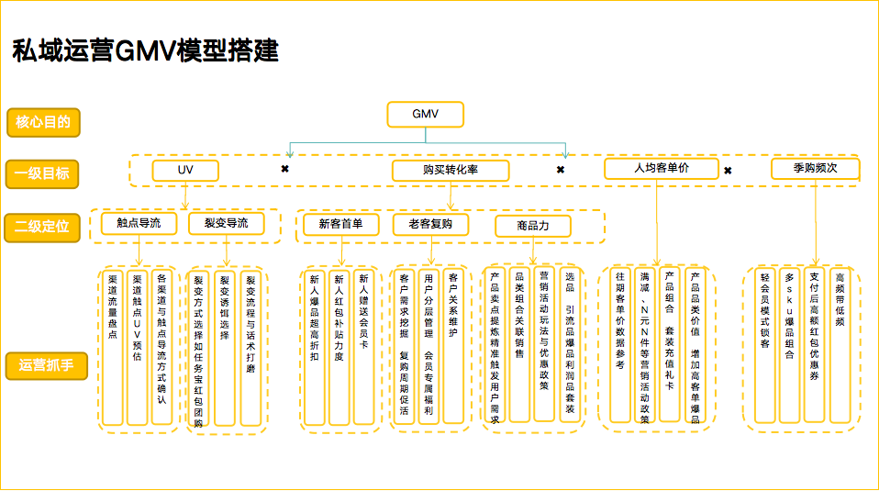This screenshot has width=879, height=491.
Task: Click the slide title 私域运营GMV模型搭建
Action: pyautogui.click(x=145, y=50)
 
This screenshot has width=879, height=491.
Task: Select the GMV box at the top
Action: pyautogui.click(x=425, y=115)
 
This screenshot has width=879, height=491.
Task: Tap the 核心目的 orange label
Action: pyautogui.click(x=42, y=121)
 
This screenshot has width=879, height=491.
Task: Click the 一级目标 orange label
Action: pyautogui.click(x=42, y=173)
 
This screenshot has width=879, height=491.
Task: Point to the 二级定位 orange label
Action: pyautogui.click(x=42, y=226)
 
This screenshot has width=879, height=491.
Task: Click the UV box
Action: pyautogui.click(x=185, y=170)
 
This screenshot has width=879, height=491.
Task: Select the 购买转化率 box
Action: pyautogui.click(x=450, y=170)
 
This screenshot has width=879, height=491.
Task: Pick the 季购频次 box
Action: pyautogui.click(x=815, y=168)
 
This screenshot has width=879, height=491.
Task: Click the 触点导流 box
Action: pyautogui.click(x=139, y=223)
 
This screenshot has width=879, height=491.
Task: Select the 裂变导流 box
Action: pyautogui.click(x=226, y=223)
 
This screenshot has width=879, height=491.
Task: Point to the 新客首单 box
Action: pyautogui.click(x=341, y=224)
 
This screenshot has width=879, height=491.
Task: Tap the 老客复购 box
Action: pyautogui.click(x=430, y=224)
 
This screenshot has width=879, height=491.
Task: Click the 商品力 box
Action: pyautogui.click(x=533, y=226)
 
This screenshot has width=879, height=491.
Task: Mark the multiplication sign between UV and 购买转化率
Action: pyautogui.click(x=285, y=170)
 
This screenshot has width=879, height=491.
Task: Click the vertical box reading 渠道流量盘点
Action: pyautogui.click(x=113, y=347)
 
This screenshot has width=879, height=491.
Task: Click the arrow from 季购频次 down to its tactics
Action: pyautogui.click(x=815, y=220)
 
